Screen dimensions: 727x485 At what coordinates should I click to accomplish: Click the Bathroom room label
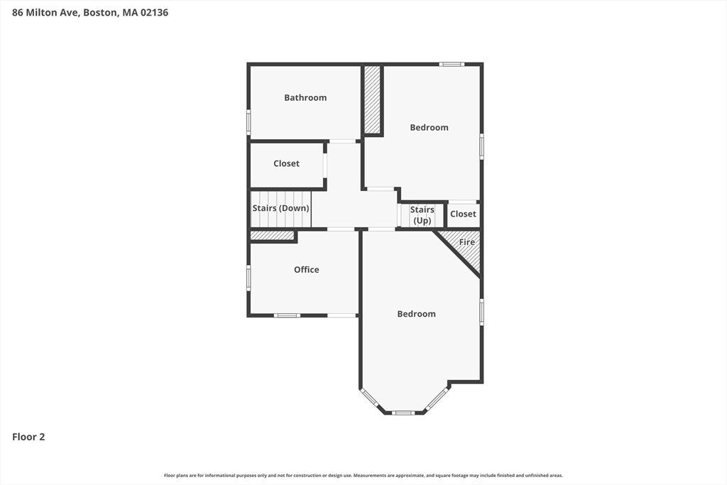click(305, 97)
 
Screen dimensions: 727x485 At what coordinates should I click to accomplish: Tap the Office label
click(307, 269)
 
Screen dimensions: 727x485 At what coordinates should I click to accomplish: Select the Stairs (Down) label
click(280, 208)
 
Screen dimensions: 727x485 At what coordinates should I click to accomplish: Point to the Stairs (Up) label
click(422, 215)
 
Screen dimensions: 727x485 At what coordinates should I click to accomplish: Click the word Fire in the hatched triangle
click(467, 242)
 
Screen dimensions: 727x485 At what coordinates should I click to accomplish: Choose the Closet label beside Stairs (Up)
click(463, 214)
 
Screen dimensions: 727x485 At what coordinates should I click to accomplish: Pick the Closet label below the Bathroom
click(286, 163)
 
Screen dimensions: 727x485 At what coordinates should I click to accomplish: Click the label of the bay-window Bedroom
click(416, 314)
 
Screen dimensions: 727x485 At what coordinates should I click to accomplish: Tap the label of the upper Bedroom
click(429, 128)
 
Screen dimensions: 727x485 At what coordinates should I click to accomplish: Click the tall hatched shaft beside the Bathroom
click(372, 99)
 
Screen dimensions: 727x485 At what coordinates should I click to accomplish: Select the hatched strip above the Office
click(272, 236)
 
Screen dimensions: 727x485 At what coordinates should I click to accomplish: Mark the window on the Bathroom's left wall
click(248, 122)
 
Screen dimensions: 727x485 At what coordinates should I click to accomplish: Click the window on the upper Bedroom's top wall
click(452, 64)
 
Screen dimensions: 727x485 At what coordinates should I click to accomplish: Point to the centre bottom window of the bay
click(403, 412)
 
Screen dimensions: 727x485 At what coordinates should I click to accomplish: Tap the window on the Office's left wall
click(248, 278)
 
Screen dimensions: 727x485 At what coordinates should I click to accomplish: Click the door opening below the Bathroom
click(343, 141)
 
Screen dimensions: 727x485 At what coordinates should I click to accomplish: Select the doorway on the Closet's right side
click(325, 165)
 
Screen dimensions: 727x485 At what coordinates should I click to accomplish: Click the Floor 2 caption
click(28, 437)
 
